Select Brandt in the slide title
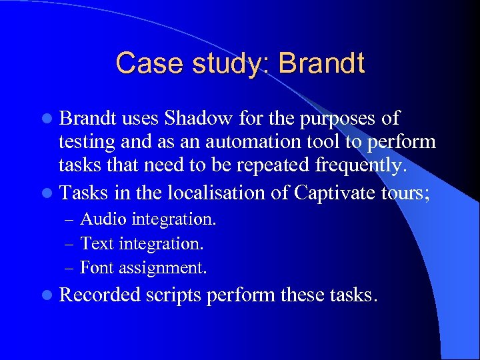click(x=322, y=63)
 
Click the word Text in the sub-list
click(x=97, y=244)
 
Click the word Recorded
click(x=101, y=294)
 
